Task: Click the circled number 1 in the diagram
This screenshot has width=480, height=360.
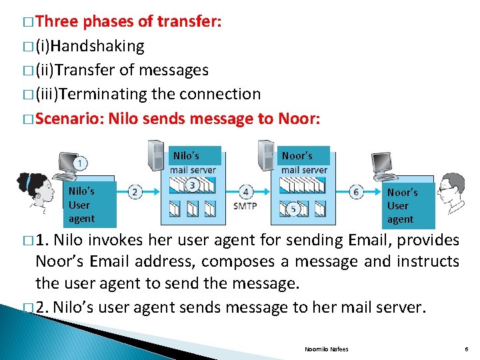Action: click(x=81, y=164)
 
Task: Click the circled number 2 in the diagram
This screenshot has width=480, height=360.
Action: click(x=135, y=192)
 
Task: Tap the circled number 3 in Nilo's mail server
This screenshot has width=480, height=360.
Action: click(x=193, y=185)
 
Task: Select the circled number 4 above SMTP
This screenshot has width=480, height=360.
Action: click(x=246, y=192)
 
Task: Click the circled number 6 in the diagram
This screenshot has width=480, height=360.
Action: click(x=357, y=192)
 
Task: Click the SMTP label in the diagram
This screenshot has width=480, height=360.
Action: click(x=245, y=206)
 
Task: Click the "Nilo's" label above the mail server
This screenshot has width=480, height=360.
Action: click(x=186, y=156)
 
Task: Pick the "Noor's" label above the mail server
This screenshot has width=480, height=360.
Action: click(x=297, y=156)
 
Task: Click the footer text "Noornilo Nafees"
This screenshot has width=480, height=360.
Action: click(x=326, y=349)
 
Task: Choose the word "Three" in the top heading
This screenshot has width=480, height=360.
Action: click(x=56, y=21)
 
